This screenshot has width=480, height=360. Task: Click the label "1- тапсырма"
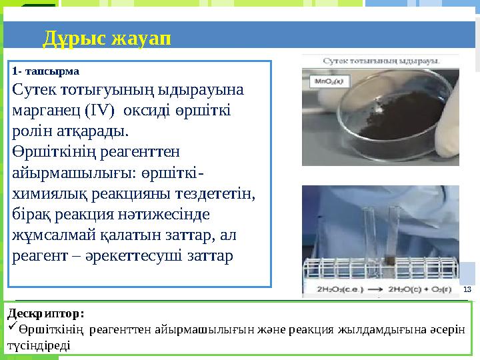46,71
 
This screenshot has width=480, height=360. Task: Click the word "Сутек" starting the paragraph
33,89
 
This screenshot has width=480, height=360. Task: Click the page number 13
467,289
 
